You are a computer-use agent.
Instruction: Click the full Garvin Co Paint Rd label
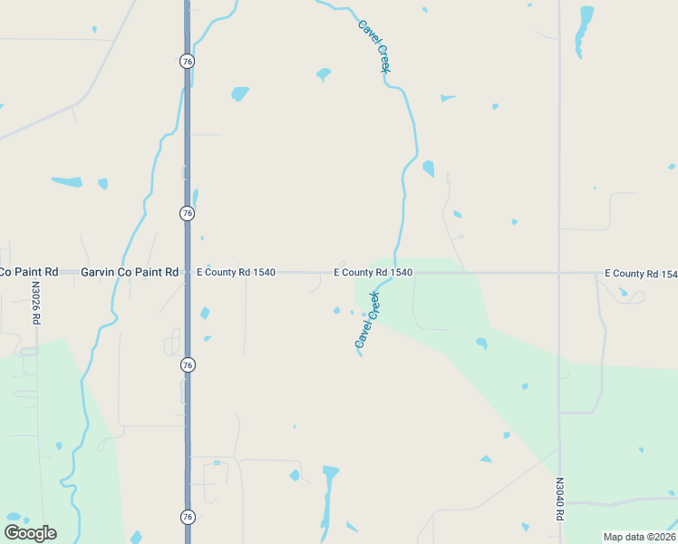pyautogui.click(x=130, y=272)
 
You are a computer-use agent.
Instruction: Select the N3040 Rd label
pyautogui.click(x=559, y=499)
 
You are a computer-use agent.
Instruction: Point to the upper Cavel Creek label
pyautogui.click(x=373, y=46)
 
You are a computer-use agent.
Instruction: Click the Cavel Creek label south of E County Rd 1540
pyautogui.click(x=367, y=320)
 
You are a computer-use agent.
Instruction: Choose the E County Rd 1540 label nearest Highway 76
pyautogui.click(x=237, y=272)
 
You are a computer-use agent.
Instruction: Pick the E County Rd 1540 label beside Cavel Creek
pyautogui.click(x=373, y=272)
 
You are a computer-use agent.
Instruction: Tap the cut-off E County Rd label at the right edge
pyautogui.click(x=641, y=274)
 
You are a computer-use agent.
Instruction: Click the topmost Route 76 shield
pyautogui.click(x=187, y=61)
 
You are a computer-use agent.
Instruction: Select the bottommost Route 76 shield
pyautogui.click(x=187, y=517)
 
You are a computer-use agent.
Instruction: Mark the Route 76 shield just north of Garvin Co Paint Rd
pyautogui.click(x=187, y=213)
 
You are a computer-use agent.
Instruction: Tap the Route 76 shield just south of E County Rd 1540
pyautogui.click(x=187, y=364)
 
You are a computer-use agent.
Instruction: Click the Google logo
pyautogui.click(x=30, y=533)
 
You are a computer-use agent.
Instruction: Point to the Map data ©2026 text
pyautogui.click(x=639, y=537)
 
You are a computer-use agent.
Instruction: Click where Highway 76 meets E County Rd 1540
pyautogui.click(x=187, y=272)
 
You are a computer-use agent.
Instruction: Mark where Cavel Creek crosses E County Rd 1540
pyautogui.click(x=395, y=272)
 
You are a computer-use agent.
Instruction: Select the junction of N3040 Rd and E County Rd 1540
pyautogui.click(x=559, y=272)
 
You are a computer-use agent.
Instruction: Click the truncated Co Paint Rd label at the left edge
pyautogui.click(x=29, y=272)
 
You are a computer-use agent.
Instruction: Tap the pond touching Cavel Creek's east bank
pyautogui.click(x=428, y=169)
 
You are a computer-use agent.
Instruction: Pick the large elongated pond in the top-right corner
pyautogui.click(x=585, y=32)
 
